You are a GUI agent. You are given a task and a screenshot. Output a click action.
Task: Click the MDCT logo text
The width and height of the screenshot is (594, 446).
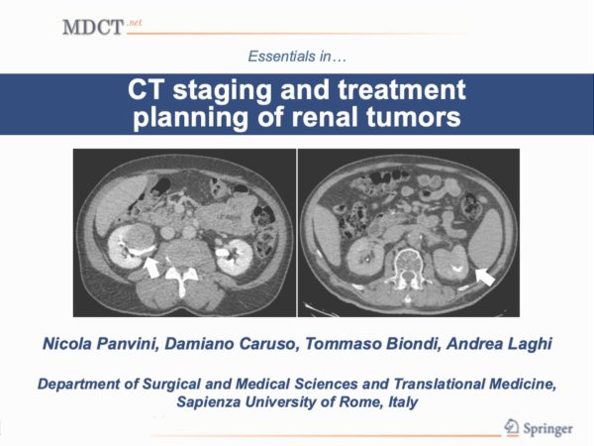point(93,28)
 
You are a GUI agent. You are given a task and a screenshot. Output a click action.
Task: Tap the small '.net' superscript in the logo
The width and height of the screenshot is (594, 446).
point(135,23)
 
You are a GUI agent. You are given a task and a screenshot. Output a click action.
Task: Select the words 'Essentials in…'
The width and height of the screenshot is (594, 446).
point(297,56)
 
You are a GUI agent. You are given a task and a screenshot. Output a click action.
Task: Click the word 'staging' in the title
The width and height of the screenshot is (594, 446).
point(223,90)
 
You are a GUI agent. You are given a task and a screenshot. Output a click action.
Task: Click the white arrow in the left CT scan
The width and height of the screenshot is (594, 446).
point(151,267)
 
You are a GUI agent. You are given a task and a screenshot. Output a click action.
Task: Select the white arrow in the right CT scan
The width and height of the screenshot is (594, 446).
point(485,277)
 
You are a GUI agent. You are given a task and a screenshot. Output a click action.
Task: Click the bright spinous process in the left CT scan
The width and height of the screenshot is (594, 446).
point(182,279)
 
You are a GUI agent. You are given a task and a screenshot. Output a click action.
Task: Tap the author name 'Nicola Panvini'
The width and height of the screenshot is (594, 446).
point(99,344)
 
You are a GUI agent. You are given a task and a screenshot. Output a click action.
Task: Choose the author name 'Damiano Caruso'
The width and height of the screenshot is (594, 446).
point(230,344)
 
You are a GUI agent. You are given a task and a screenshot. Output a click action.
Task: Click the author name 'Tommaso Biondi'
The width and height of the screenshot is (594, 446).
point(372,344)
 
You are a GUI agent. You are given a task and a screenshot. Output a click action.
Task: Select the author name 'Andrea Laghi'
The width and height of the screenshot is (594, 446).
point(499,344)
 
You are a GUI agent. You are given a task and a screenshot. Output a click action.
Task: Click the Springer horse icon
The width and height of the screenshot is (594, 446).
point(512,427)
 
